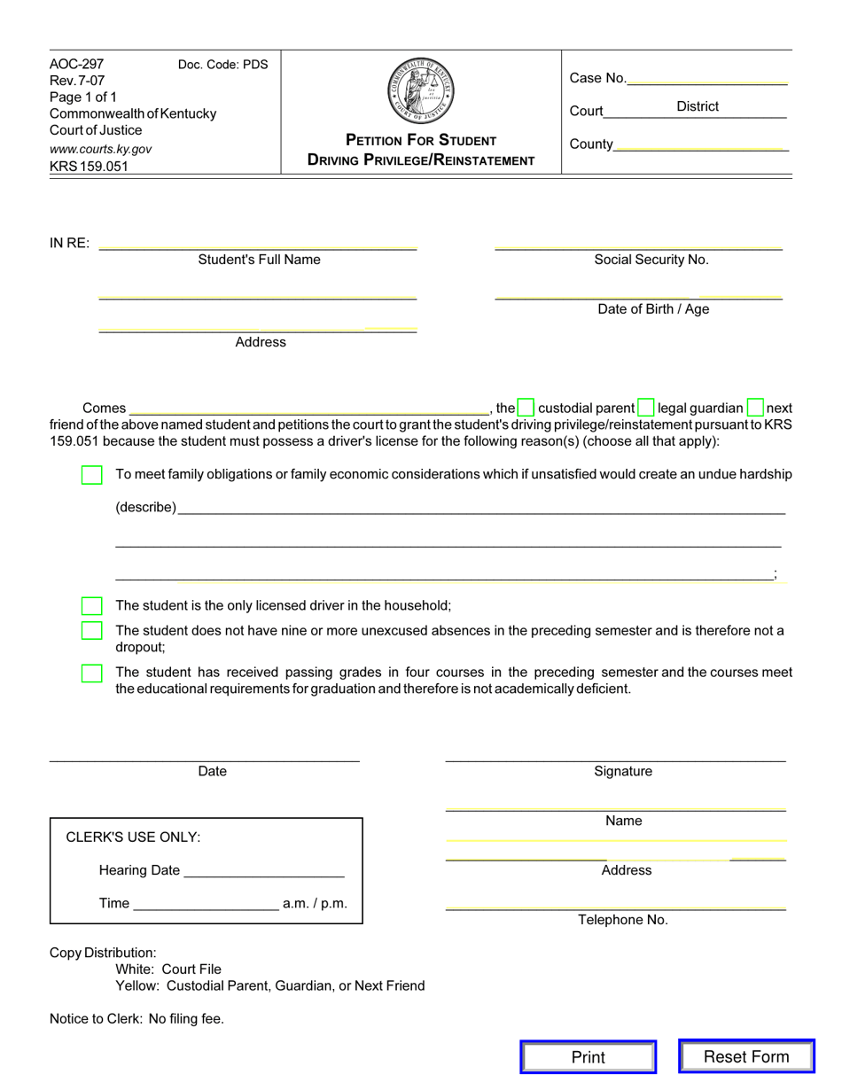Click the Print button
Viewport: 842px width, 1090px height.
point(588,1056)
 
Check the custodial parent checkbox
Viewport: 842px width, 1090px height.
point(526,409)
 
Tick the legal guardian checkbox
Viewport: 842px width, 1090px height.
point(646,409)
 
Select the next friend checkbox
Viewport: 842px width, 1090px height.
point(755,409)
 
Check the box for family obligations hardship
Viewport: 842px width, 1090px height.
point(91,475)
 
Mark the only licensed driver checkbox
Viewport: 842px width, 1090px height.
point(91,606)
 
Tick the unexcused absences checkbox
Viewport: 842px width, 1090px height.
point(91,631)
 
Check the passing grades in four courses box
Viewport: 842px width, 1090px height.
point(91,673)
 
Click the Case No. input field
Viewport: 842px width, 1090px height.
point(706,78)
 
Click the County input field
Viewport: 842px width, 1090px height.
point(699,144)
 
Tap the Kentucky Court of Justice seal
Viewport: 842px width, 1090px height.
point(421,91)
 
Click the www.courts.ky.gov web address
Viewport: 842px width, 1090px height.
point(100,149)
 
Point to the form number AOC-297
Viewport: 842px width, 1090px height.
point(76,64)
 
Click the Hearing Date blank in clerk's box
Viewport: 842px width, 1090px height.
point(262,870)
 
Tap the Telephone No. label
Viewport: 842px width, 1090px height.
point(623,920)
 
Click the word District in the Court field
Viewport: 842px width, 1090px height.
point(698,106)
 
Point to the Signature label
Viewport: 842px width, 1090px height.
point(623,771)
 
